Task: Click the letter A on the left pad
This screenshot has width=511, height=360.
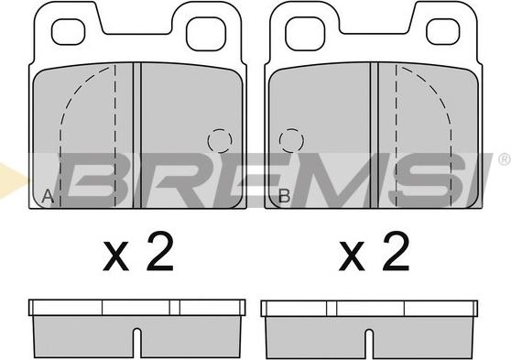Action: [x=48, y=196]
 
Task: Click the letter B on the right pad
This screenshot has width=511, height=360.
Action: [x=284, y=196]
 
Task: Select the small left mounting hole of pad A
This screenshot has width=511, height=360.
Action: [x=69, y=32]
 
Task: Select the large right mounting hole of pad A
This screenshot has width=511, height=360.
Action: [x=206, y=34]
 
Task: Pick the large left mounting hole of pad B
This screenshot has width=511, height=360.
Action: [x=305, y=34]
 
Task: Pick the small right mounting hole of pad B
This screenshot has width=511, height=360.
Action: [x=442, y=32]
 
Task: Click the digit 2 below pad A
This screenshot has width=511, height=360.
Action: [x=159, y=251]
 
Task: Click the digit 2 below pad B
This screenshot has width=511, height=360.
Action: [x=396, y=251]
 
